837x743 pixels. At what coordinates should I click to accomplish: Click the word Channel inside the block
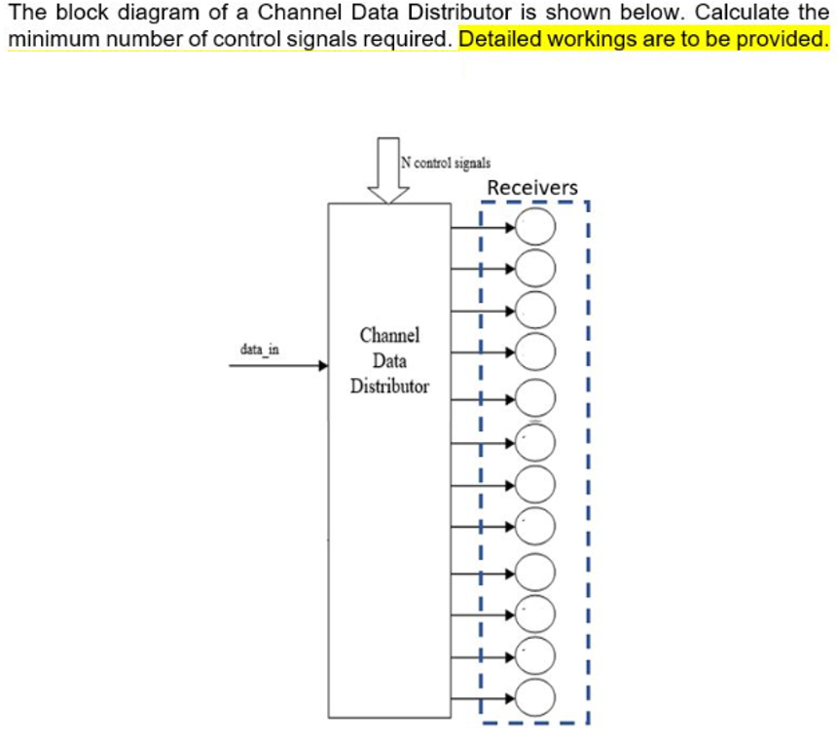pos(389,335)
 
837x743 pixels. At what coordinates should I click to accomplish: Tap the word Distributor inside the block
pos(389,386)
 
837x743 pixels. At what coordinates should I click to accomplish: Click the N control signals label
pos(447,163)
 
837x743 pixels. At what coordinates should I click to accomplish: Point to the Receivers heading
pos(532,187)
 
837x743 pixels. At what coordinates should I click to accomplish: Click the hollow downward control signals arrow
pos(388,170)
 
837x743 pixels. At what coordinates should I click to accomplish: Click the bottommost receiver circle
pos(535,696)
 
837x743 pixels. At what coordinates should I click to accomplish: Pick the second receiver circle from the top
pos(535,266)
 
